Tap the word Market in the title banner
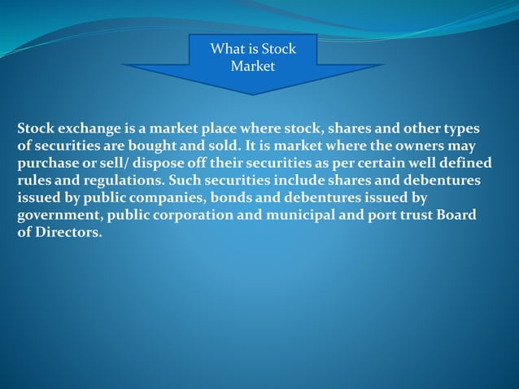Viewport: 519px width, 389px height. tap(253, 66)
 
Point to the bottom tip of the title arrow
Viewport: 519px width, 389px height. tap(253, 94)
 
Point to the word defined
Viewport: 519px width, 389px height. tap(460, 164)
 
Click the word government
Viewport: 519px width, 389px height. tap(58, 215)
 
